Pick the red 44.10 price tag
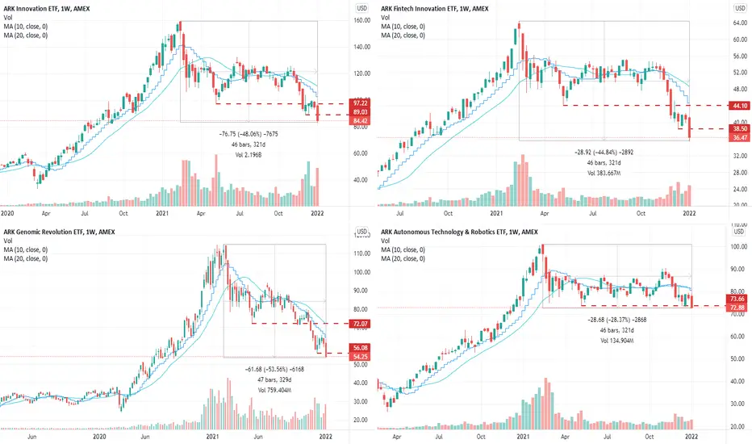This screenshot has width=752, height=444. click(737, 106)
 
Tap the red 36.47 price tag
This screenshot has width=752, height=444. click(737, 139)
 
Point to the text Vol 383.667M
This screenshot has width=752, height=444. click(605, 174)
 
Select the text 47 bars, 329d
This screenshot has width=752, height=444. click(274, 379)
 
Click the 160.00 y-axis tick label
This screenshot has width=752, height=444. click(362, 22)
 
